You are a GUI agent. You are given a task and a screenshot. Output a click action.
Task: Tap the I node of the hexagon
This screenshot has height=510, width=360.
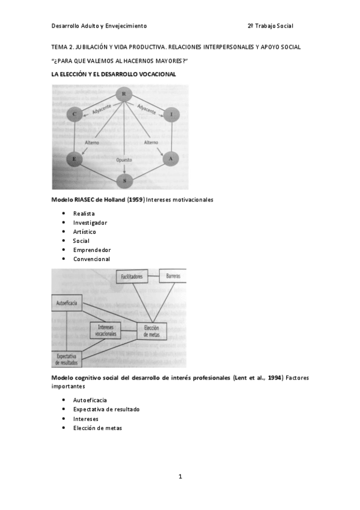pos(171,114)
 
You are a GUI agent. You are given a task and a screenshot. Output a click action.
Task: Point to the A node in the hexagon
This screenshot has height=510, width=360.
pos(171,159)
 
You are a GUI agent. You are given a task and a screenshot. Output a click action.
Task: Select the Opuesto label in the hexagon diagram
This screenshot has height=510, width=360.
pos(124,161)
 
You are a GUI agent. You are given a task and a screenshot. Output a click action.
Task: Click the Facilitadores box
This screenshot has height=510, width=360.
pos(135,277)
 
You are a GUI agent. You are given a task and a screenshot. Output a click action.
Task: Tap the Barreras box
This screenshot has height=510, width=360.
pos(172,277)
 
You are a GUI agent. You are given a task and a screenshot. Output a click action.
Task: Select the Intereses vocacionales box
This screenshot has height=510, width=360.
pos(106,330)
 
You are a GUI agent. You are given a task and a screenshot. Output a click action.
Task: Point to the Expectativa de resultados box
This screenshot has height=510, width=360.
pos(67,359)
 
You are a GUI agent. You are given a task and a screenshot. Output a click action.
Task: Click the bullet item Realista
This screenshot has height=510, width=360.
pos(84,214)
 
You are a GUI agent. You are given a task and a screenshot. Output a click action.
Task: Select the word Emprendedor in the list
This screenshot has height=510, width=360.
pos(92,250)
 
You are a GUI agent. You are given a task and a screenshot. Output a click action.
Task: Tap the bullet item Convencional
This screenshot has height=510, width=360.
pos(92,259)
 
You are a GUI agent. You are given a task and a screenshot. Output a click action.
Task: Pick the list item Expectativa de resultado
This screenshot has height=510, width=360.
pos(106,410)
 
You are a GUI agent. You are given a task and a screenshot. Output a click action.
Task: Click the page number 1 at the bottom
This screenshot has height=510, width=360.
pos(180,476)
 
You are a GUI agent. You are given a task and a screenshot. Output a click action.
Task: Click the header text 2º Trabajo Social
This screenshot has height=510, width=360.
pos(270,26)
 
